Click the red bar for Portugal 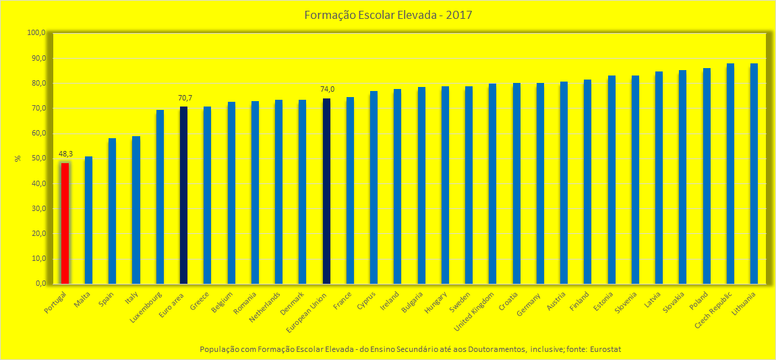tap(65, 223)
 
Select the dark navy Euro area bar tap(183, 195)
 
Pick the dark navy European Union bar tap(326, 191)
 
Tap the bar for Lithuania tap(754, 173)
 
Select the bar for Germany tap(540, 183)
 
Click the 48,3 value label tap(65, 154)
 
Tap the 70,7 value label tap(185, 98)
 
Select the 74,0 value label tap(327, 89)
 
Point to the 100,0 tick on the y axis tap(36, 33)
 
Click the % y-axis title tap(18, 159)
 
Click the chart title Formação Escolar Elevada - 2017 tap(387, 14)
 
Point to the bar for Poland tap(707, 176)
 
